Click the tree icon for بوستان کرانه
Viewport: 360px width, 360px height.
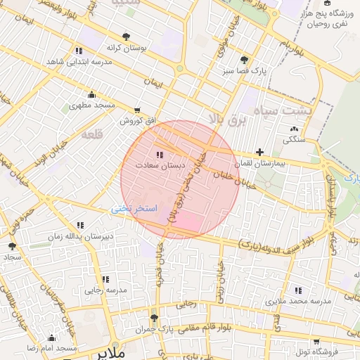(126, 36)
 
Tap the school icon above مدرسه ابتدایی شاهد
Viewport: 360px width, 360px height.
(78, 51)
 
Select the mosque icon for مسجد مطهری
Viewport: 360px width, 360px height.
(91, 95)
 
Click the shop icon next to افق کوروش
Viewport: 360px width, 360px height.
(136, 110)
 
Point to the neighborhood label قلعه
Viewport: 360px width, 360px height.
(91, 134)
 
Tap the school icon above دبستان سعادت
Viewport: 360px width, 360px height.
(160, 154)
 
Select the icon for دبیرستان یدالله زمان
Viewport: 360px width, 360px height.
(79, 225)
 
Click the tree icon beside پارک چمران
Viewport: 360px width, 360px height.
(154, 318)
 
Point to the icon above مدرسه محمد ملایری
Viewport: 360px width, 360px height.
(299, 290)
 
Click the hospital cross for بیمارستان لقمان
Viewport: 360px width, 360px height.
(260, 152)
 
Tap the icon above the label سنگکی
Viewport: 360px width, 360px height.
(293, 129)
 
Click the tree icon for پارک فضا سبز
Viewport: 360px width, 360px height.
(244, 60)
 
